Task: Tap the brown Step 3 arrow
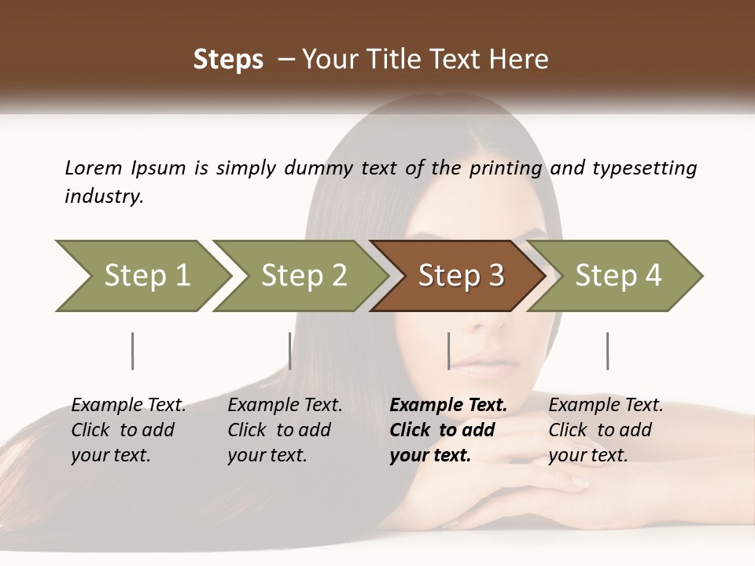(x=460, y=276)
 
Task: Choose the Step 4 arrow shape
(x=617, y=276)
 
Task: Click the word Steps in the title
(x=228, y=59)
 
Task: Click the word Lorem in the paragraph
(x=93, y=167)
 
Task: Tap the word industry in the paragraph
(x=104, y=196)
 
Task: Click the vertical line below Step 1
(x=133, y=351)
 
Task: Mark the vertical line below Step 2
(x=290, y=351)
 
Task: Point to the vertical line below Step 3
(x=449, y=351)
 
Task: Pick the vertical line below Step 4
(x=608, y=351)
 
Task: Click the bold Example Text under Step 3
(x=448, y=406)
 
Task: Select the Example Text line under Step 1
(x=129, y=406)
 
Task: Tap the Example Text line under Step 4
(x=606, y=406)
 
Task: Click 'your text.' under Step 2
(x=267, y=455)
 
